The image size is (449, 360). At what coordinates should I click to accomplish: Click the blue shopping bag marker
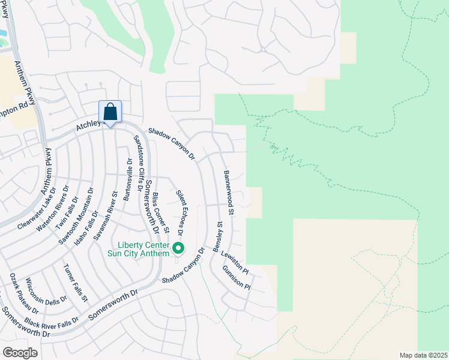pos(110,112)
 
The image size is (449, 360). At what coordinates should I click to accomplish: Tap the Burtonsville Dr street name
pos(127,179)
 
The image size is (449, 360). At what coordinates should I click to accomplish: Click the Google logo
pos(20,352)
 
